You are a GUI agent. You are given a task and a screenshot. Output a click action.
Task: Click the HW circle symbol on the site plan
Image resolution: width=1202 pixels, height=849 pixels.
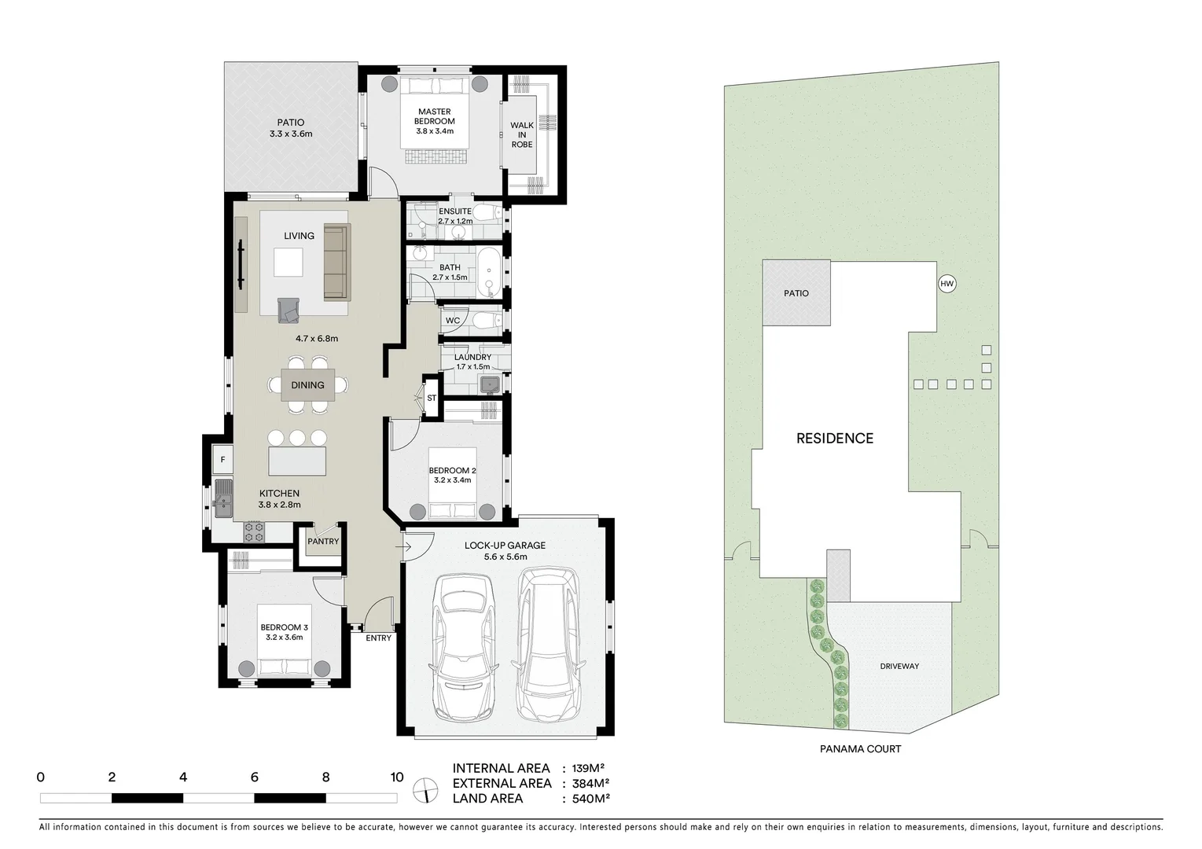[947, 284]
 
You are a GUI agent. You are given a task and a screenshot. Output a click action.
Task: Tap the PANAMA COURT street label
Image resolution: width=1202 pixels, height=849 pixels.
[860, 749]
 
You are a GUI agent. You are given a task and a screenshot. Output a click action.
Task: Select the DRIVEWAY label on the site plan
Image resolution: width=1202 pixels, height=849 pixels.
[899, 667]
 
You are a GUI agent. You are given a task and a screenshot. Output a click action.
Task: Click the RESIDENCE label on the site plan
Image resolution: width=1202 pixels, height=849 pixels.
[834, 439]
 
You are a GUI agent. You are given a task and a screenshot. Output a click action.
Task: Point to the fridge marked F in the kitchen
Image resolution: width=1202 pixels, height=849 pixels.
[222, 460]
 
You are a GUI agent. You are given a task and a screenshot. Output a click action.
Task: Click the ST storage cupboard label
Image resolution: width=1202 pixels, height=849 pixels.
[432, 399]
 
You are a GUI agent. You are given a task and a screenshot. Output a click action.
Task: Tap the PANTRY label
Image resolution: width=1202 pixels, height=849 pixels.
[323, 542]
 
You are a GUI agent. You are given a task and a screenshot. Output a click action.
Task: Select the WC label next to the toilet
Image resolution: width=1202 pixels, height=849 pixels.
[453, 321]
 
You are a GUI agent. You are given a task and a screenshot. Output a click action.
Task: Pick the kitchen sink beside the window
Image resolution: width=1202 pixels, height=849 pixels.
[223, 499]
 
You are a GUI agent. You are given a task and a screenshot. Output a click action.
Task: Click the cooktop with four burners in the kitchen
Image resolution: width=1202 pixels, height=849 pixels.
[254, 532]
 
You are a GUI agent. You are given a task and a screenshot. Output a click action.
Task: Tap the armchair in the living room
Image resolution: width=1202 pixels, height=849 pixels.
[289, 311]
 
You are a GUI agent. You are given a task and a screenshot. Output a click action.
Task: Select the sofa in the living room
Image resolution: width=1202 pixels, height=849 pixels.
[336, 262]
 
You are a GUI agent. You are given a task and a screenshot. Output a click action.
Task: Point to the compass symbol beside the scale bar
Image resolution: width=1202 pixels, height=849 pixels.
[425, 788]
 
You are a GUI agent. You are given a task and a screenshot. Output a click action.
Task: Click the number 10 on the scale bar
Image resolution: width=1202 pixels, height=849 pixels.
[396, 777]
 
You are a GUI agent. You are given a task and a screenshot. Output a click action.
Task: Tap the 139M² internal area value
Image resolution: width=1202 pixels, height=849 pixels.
[587, 769]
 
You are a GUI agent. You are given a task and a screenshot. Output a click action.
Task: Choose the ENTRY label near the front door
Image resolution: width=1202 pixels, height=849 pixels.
[378, 638]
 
